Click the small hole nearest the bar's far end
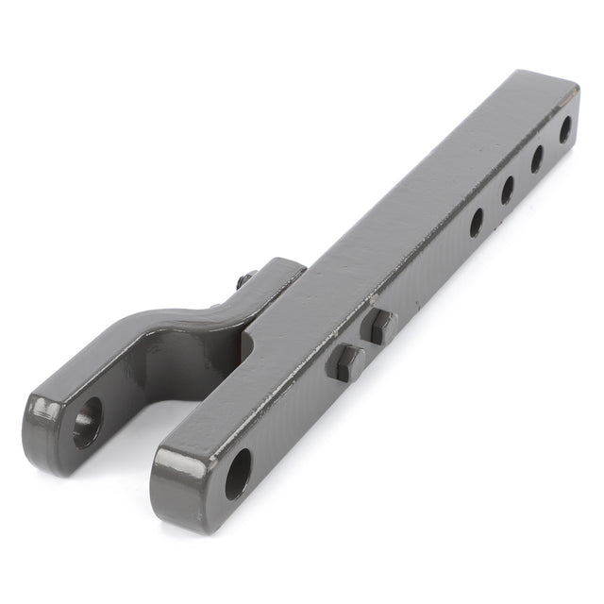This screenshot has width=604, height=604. click(564, 127)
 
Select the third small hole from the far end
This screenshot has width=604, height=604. click(506, 191)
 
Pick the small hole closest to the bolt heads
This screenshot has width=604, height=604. click(476, 223)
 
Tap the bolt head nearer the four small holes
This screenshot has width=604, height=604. click(379, 326)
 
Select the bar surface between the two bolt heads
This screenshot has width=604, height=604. click(362, 344)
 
